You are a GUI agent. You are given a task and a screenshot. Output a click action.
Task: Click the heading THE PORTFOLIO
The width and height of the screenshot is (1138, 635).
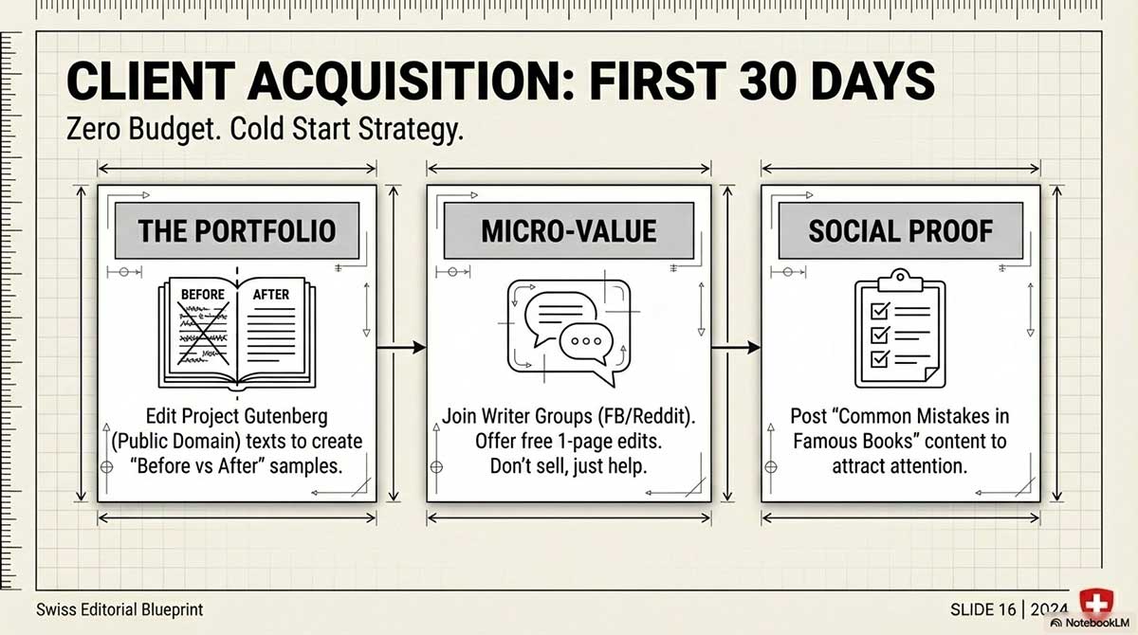236,231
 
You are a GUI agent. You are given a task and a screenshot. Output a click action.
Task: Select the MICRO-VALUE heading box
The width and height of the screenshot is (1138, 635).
568,231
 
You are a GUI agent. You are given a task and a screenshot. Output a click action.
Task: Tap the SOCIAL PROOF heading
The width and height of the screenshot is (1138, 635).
901,231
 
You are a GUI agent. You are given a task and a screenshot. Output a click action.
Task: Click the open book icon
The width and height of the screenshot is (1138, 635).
236,328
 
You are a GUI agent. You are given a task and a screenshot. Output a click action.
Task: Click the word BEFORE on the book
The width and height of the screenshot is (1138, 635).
202,294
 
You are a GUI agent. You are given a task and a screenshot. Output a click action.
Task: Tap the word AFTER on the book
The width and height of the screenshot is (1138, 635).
270,294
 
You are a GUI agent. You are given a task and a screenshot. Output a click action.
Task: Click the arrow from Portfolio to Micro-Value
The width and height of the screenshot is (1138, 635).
401,350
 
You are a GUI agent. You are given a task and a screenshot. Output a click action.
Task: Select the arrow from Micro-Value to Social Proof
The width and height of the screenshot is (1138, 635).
735,350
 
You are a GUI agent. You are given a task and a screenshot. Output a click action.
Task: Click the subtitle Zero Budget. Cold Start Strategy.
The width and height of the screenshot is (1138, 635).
266,130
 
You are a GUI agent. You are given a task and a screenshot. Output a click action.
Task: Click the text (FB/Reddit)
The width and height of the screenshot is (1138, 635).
644,416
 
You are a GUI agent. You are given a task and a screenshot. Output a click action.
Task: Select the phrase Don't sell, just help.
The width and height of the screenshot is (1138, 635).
568,465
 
